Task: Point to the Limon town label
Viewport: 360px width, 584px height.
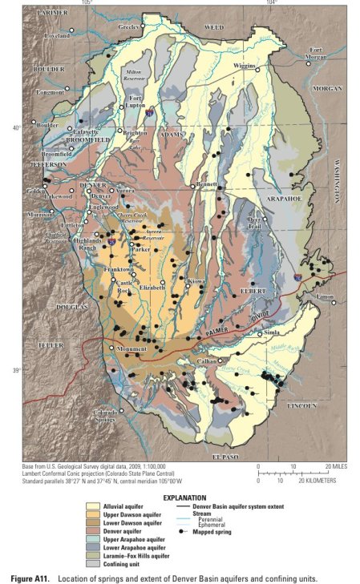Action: (x=326, y=296)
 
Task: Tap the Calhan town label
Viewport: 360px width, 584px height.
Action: (x=207, y=362)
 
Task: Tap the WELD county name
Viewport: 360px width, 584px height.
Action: (x=214, y=26)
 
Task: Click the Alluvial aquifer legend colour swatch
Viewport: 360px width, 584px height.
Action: (x=117, y=505)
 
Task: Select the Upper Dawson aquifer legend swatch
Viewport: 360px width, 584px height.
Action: (x=117, y=513)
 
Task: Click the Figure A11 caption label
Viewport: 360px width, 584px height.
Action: (x=34, y=578)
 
